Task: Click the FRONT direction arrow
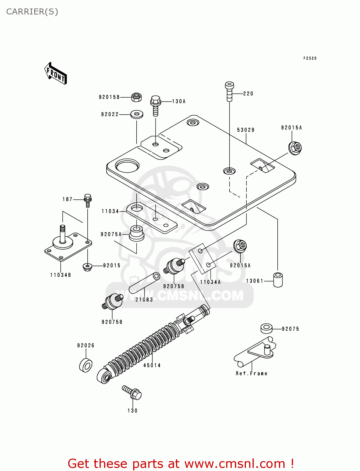tap(56, 73)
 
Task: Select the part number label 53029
tap(246, 130)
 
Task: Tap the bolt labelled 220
tap(230, 92)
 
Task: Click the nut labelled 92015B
tap(136, 97)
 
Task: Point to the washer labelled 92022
tap(137, 114)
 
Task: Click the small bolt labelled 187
tap(88, 200)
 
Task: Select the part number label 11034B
tap(61, 275)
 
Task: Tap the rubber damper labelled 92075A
tap(137, 233)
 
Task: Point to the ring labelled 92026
tap(85, 365)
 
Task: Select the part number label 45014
tap(152, 365)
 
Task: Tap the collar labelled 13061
tap(278, 280)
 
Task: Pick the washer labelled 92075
tap(266, 328)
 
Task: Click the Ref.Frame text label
tap(252, 373)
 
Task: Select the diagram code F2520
tap(310, 58)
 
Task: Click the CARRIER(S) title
tap(32, 12)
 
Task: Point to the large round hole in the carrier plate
tap(127, 165)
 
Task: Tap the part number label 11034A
tap(210, 282)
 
